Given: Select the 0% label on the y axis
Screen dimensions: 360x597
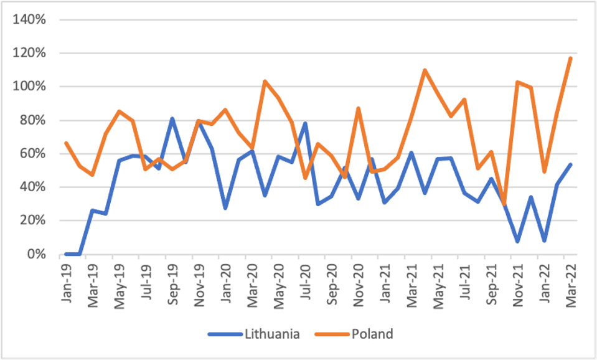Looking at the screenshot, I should pos(37,254).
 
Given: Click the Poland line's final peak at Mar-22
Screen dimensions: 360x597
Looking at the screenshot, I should pos(570,58).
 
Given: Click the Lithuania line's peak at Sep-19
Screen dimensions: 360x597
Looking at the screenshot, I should pos(172,118).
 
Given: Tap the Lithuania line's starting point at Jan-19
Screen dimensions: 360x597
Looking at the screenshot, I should pos(67,254).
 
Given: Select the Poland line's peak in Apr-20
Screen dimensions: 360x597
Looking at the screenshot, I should pos(265,81).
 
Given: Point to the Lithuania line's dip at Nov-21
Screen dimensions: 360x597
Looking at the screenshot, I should pos(517,241).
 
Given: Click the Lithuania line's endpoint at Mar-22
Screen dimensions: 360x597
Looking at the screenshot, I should pos(570,164).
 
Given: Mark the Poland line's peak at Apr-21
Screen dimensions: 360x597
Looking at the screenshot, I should pos(425,70).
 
